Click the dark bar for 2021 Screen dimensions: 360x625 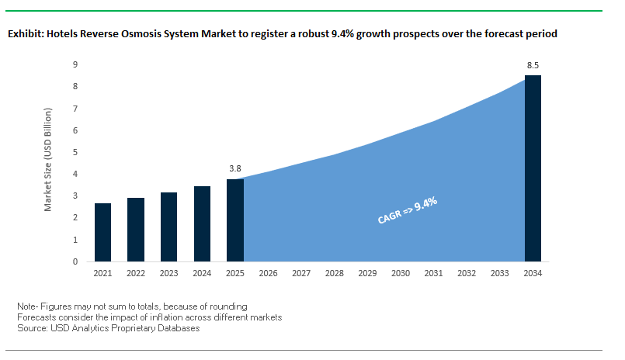click(102, 232)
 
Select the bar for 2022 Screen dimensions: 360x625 click(136, 230)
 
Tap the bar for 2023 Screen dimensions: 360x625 click(168, 227)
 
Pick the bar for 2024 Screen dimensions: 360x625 click(202, 223)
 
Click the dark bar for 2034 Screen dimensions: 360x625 click(533, 168)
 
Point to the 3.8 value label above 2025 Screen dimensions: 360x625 click(235, 168)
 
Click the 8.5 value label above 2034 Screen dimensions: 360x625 click(533, 65)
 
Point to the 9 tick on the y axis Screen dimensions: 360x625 click(75, 65)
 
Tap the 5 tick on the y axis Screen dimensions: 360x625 click(75, 152)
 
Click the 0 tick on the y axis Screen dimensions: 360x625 click(75, 261)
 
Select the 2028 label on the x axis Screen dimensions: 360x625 click(335, 273)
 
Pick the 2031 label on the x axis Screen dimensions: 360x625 click(434, 273)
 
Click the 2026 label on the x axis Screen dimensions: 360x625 click(269, 273)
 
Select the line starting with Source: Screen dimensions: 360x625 click(108, 328)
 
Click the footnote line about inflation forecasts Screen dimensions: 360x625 click(148, 317)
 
